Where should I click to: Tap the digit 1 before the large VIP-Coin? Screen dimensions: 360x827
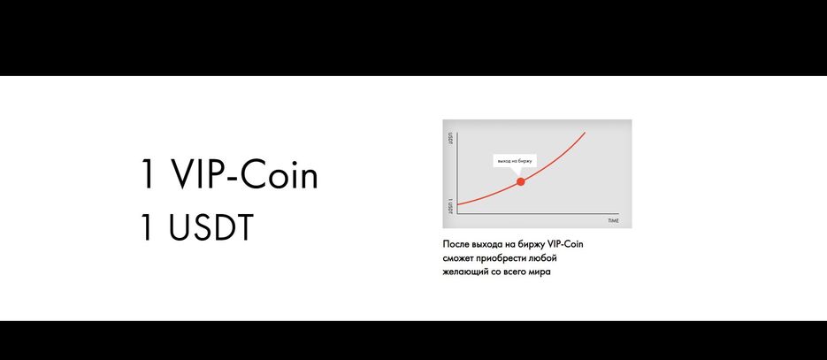tap(147, 176)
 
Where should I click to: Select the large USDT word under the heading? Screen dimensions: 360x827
tap(207, 226)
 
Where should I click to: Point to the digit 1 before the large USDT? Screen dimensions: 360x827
tap(147, 226)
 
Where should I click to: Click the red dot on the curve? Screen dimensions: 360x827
tap(520, 181)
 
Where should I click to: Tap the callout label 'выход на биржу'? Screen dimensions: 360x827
tap(515, 162)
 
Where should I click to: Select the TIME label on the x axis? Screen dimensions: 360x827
tap(613, 218)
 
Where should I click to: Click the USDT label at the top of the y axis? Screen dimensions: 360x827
tap(450, 138)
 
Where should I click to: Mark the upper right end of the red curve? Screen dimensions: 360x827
tap(585, 133)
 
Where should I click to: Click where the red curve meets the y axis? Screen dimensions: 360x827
tap(456, 205)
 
